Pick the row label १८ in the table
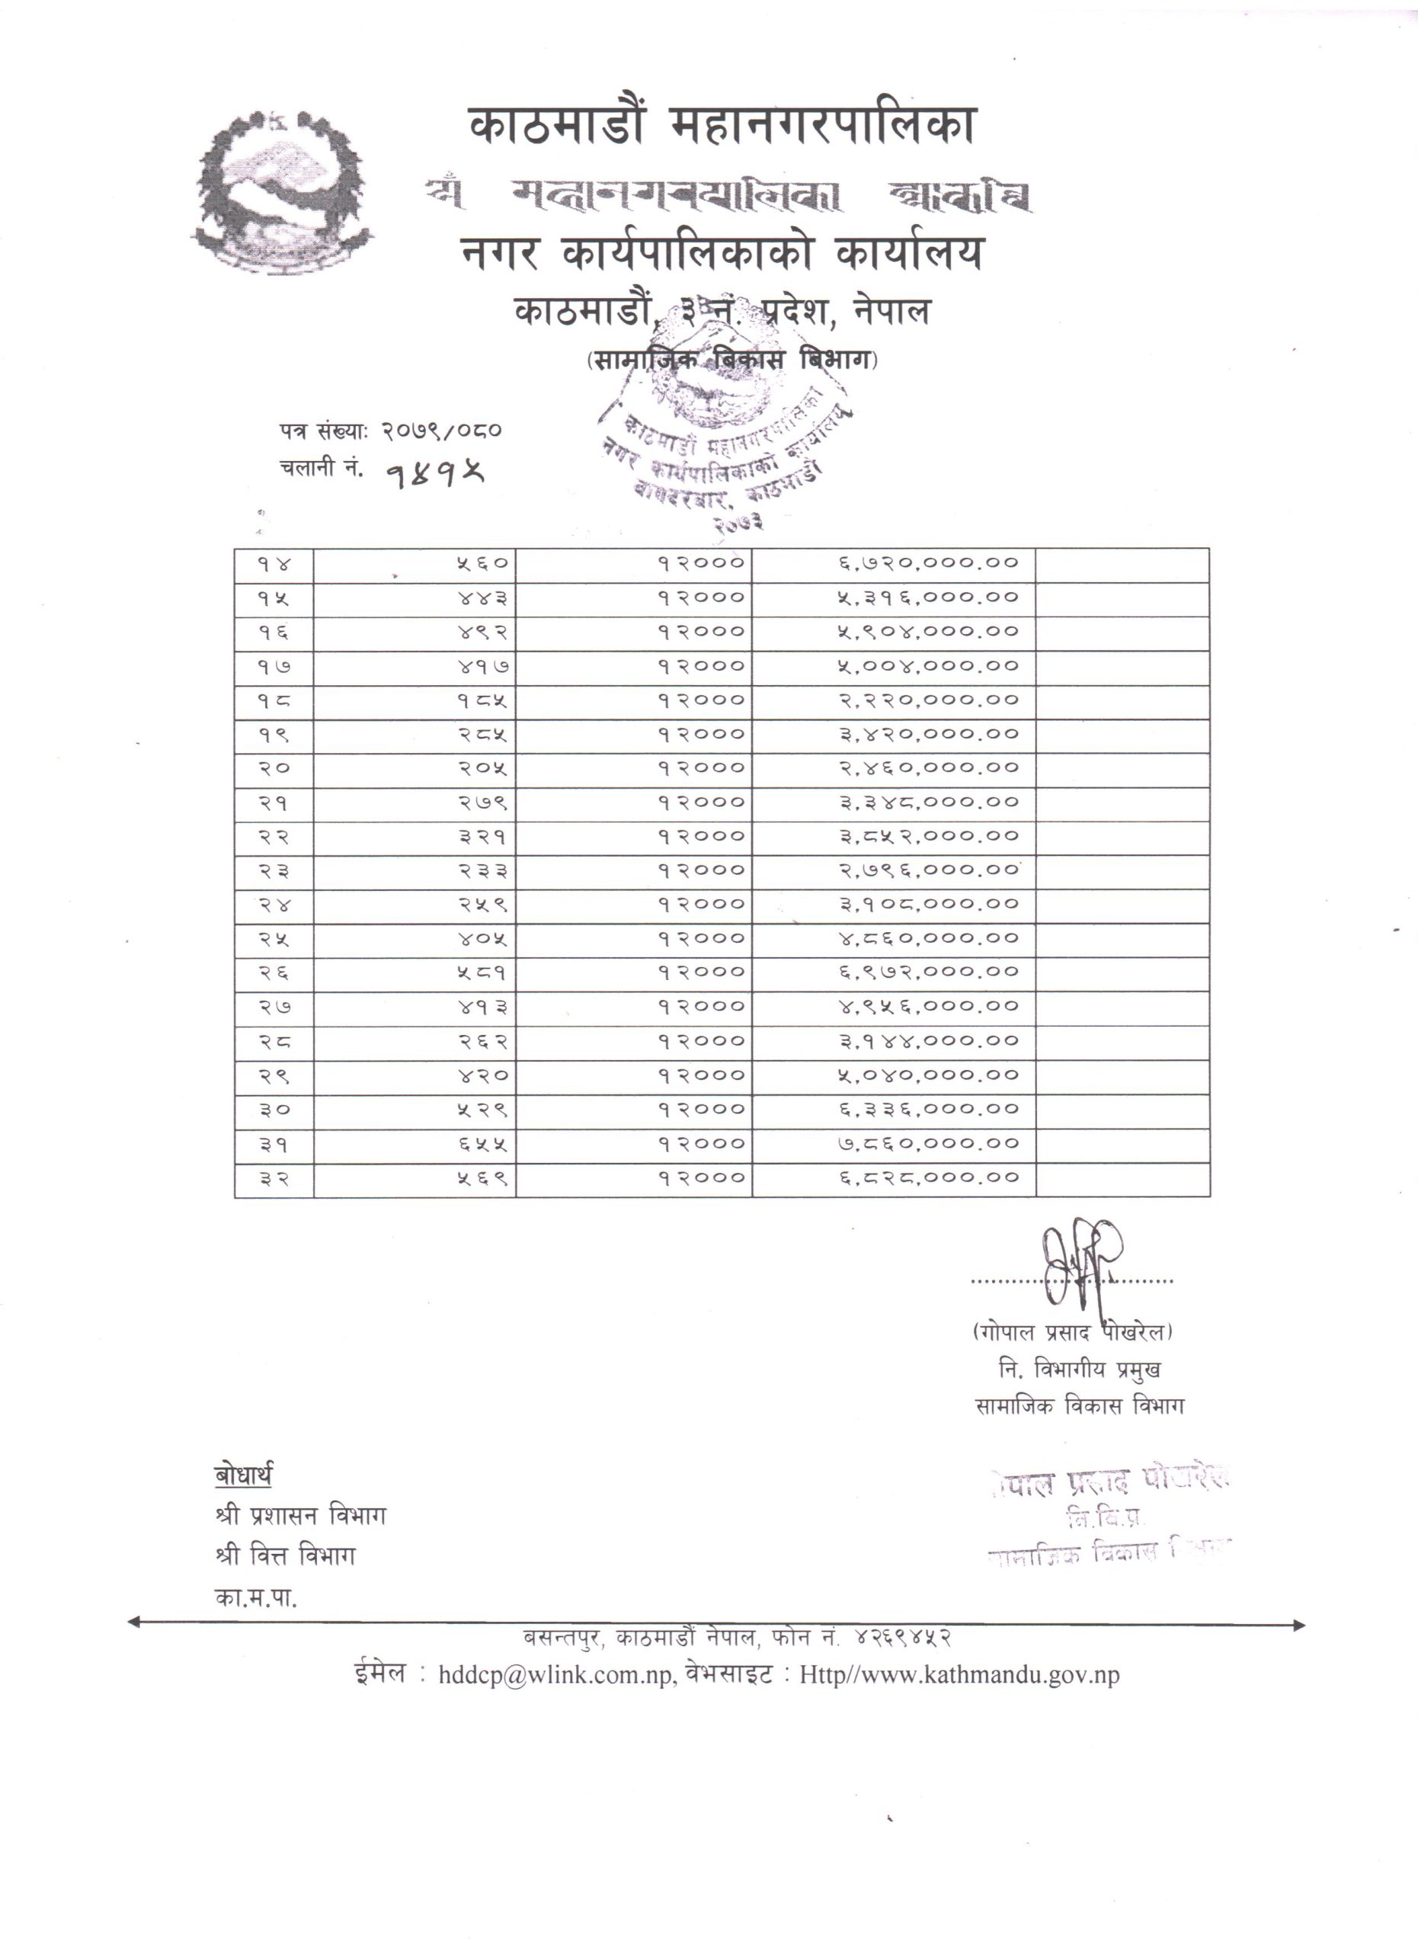tap(274, 700)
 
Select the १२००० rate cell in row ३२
tap(701, 1178)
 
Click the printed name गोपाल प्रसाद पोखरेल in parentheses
tap(1072, 1332)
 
